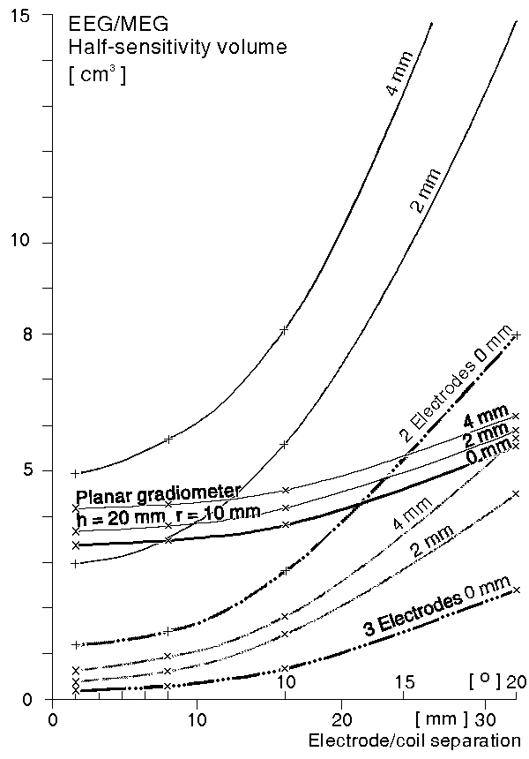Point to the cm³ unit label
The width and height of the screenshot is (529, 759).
tap(97, 74)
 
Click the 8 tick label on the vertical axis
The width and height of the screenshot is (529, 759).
tap(27, 334)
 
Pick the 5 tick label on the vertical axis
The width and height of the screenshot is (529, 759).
tap(27, 470)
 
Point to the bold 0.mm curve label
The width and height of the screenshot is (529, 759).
tap(489, 453)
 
